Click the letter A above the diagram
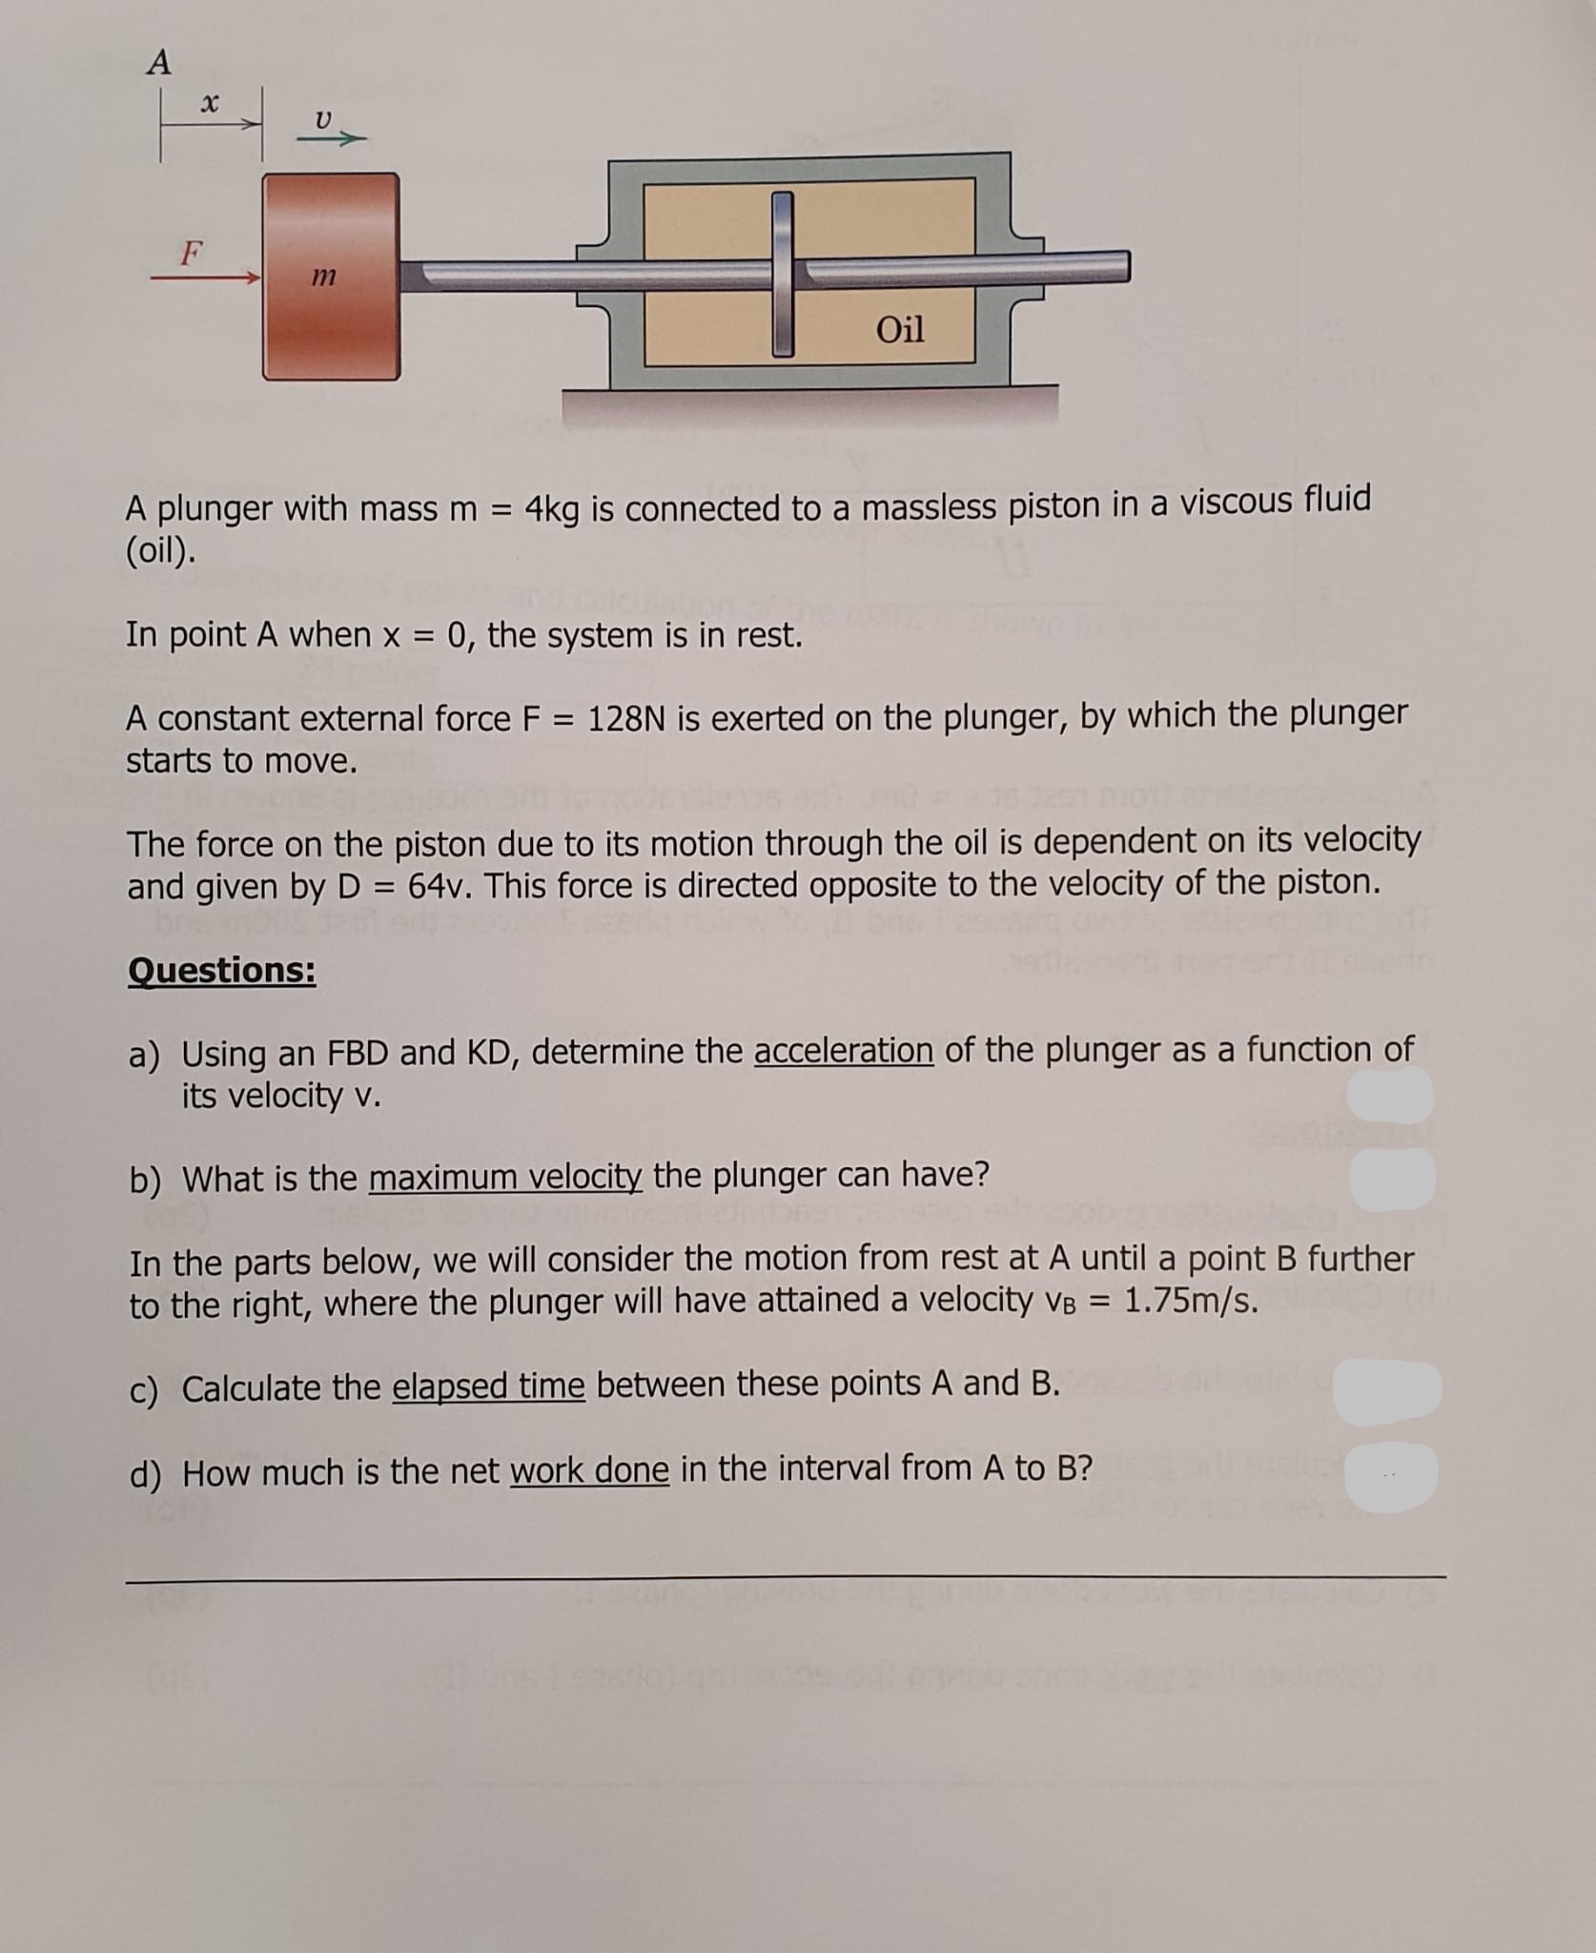tap(159, 63)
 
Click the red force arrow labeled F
tap(204, 278)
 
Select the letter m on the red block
tap(324, 278)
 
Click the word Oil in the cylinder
tap(899, 330)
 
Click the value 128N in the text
tap(627, 718)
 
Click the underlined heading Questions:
tap(221, 971)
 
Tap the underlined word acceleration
tap(843, 1051)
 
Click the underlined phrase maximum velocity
tap(505, 1179)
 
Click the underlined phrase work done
tap(589, 1471)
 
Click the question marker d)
tap(145, 1474)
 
